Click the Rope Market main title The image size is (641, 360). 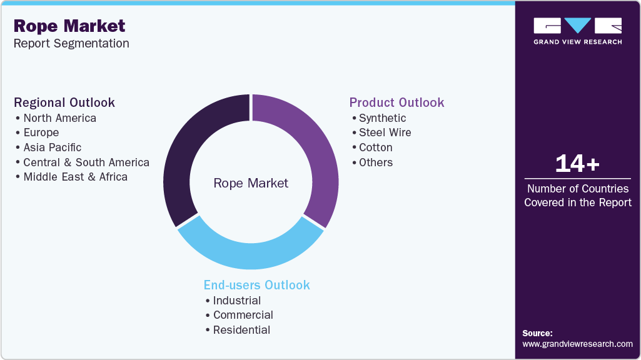[x=69, y=26]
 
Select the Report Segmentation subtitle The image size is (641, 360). [x=71, y=43]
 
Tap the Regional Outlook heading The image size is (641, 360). [x=64, y=102]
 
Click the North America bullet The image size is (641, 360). [x=59, y=118]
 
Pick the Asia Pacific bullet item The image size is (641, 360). [x=53, y=147]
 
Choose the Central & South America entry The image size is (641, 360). [x=86, y=162]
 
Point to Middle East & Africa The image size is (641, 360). [x=75, y=177]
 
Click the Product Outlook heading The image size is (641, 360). [x=396, y=102]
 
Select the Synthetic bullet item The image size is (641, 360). [x=382, y=118]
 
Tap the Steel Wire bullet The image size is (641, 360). [x=385, y=132]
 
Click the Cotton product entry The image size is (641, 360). [x=375, y=147]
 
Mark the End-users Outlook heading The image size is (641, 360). [x=256, y=285]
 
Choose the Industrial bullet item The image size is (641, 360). [x=237, y=301]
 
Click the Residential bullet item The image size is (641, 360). [x=241, y=330]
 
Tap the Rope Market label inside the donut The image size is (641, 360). [x=251, y=183]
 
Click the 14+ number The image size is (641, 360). [x=577, y=164]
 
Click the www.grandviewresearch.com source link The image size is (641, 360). [x=577, y=344]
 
